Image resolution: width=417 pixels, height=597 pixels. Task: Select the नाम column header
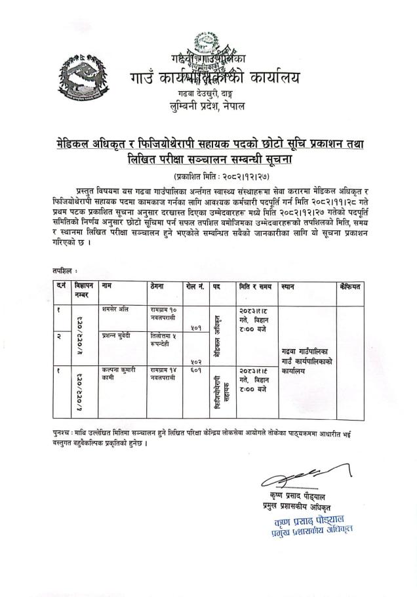tap(108, 287)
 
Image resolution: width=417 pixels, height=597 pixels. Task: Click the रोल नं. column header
tap(195, 287)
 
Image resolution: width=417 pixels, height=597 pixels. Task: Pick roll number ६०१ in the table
tap(195, 370)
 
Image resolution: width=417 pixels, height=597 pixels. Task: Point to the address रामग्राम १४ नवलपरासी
tap(163, 373)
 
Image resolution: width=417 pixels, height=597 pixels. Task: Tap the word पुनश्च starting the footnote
tap(64, 434)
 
